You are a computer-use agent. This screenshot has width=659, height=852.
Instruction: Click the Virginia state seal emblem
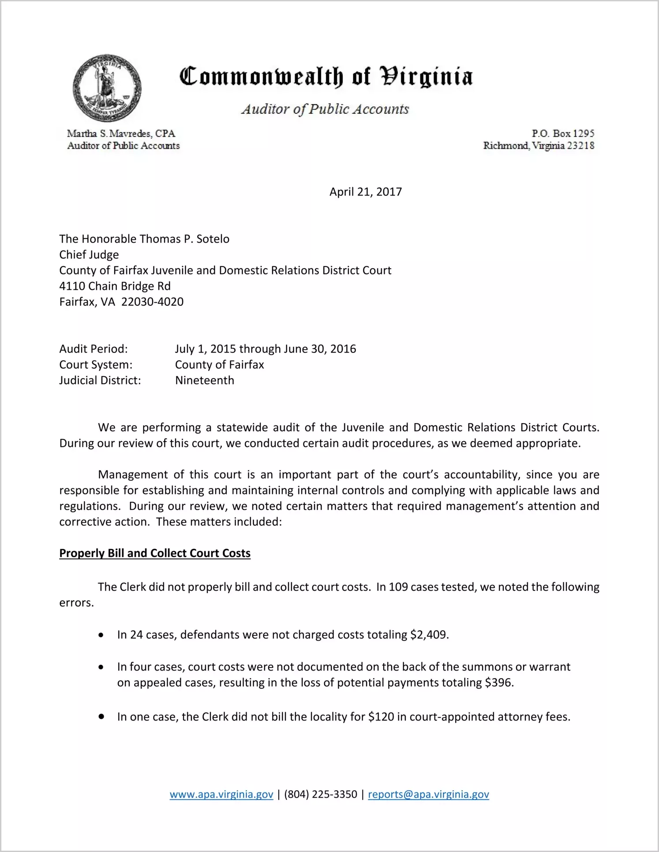tap(107, 88)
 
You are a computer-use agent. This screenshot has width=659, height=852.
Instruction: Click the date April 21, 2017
tap(365, 192)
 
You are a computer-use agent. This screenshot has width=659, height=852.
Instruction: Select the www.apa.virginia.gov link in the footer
tap(221, 794)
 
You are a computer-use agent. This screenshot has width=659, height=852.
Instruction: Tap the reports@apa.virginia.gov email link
tap(428, 794)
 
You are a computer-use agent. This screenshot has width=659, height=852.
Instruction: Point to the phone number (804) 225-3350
tap(321, 794)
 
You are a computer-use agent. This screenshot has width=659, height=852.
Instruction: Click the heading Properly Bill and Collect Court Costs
tap(155, 553)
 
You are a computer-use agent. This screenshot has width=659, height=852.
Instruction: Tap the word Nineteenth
tap(205, 380)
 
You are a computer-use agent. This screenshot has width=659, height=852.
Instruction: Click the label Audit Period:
tap(94, 349)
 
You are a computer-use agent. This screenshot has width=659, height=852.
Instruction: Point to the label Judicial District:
tap(100, 380)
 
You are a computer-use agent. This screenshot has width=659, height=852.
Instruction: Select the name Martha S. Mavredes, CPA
tap(121, 133)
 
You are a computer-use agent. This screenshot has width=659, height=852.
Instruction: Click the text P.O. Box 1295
tap(563, 133)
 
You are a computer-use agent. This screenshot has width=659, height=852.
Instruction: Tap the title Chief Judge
tap(89, 255)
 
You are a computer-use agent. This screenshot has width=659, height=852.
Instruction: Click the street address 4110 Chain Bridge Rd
tap(115, 286)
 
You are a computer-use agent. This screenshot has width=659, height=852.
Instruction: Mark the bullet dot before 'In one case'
tap(101, 717)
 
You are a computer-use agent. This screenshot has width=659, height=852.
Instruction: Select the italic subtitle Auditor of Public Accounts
tap(325, 109)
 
